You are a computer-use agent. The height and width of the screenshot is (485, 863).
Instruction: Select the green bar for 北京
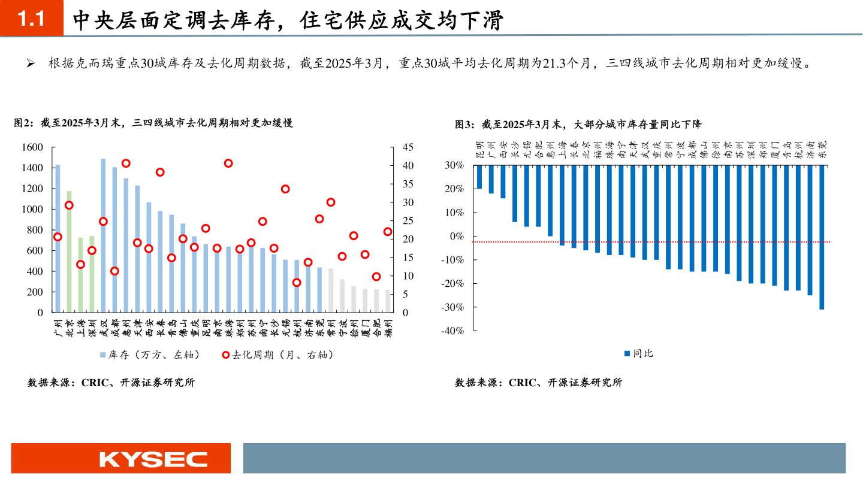pyautogui.click(x=69, y=251)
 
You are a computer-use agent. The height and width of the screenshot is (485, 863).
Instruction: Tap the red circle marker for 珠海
pyautogui.click(x=228, y=163)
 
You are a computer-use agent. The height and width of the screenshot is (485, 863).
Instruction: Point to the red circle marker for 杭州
pyautogui.click(x=297, y=283)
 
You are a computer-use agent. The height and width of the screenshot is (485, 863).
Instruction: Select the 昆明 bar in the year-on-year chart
pyautogui.click(x=479, y=177)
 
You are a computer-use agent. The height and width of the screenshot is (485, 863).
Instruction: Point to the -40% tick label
pyautogui.click(x=453, y=331)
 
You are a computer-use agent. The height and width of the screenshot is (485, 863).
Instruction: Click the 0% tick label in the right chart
pyautogui.click(x=457, y=236)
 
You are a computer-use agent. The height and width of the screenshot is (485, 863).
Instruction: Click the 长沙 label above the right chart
pyautogui.click(x=515, y=149)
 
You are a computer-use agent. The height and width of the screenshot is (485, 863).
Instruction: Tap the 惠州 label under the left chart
pyautogui.click(x=126, y=327)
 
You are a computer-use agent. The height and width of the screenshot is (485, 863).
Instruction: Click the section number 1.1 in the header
pyautogui.click(x=31, y=20)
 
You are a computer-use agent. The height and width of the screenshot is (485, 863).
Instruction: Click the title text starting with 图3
pyautogui.click(x=578, y=125)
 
